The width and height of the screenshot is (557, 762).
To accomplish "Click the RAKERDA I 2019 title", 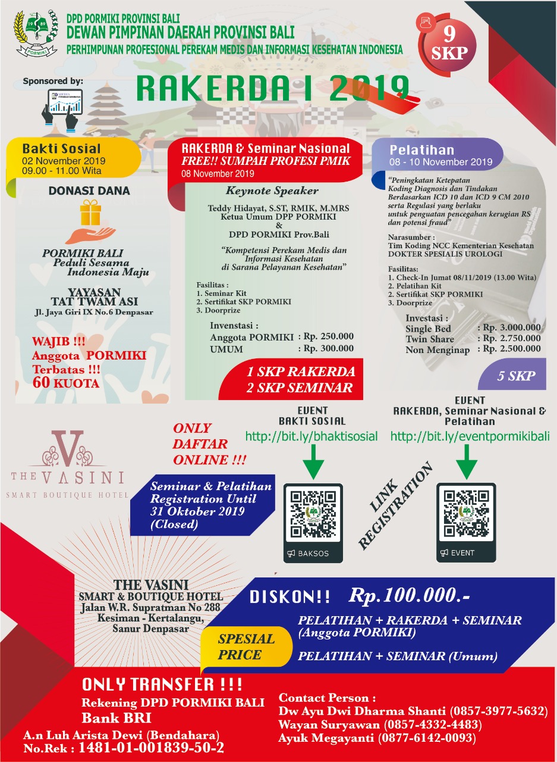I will [273, 89].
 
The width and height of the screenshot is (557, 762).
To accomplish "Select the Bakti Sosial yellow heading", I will [62, 148].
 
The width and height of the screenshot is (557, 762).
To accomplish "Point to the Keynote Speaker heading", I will [272, 191].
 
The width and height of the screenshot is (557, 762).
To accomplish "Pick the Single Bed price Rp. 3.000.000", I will [509, 327].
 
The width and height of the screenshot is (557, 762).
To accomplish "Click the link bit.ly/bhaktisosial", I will [311, 436].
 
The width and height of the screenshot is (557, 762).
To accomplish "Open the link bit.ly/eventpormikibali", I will [468, 436].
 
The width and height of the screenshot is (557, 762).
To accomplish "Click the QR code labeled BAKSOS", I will [313, 514].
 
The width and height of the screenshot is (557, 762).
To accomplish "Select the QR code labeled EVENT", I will [466, 514].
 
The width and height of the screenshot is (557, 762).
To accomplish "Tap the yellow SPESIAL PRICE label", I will [246, 647].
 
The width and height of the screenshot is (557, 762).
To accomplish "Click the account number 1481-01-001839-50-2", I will [151, 747].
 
